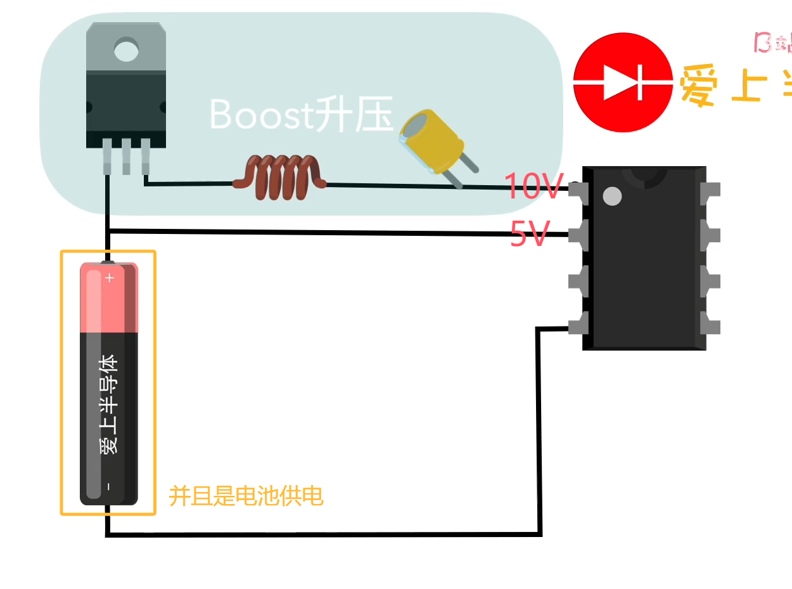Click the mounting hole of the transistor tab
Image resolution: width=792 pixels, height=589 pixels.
point(126,49)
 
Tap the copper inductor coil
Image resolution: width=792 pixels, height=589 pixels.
point(279,177)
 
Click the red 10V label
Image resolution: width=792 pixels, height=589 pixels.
point(533,186)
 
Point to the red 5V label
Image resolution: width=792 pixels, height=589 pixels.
point(530,235)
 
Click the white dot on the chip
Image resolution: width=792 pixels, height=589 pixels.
point(612,196)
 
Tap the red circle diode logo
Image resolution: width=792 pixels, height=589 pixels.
point(623,82)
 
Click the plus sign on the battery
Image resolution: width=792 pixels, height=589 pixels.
point(110,277)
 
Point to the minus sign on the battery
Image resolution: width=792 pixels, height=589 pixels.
point(108,486)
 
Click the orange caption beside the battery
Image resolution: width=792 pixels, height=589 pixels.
point(246,496)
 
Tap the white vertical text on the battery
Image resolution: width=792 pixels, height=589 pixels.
point(109,404)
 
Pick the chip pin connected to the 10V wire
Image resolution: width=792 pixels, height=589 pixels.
point(578,190)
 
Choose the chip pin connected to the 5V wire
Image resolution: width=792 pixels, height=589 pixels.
point(578,235)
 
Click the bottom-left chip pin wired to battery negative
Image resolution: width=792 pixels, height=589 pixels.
point(578,327)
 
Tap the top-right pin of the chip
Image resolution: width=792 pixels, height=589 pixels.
point(710,190)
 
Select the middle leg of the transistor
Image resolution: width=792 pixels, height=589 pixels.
point(126,156)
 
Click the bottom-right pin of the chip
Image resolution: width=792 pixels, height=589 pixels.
point(710,327)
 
